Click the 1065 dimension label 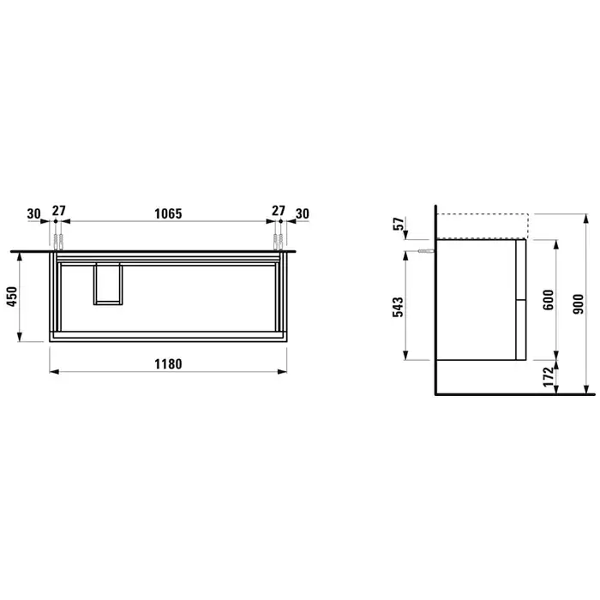click(168, 213)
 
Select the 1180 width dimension click(168, 364)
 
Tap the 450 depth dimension click(12, 297)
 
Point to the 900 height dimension click(579, 303)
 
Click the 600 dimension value click(549, 300)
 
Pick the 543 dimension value click(398, 307)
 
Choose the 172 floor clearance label click(549, 376)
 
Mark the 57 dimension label click(399, 224)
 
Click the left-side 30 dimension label click(33, 213)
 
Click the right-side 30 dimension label click(303, 213)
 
